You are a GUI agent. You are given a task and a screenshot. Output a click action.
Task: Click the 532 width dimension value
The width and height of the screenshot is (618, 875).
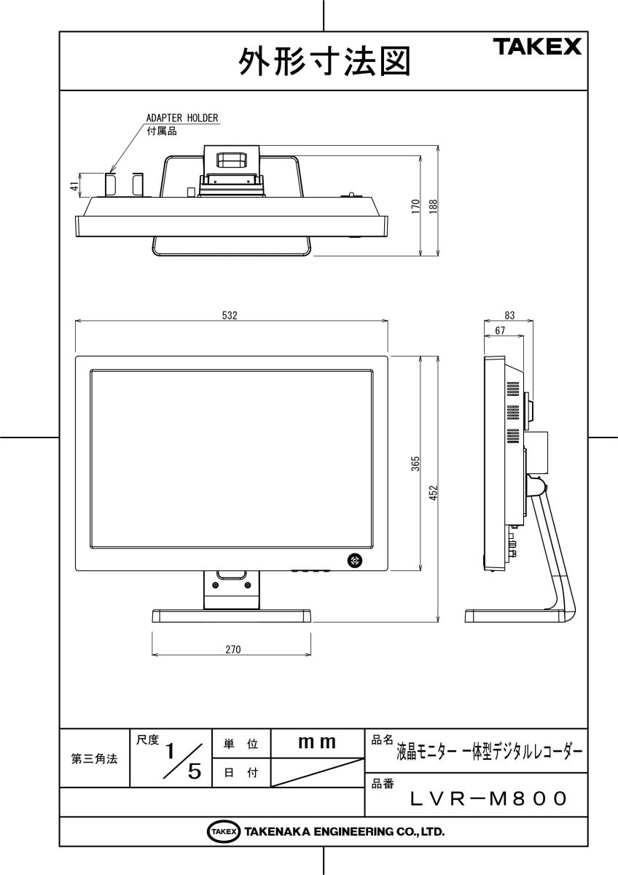230,315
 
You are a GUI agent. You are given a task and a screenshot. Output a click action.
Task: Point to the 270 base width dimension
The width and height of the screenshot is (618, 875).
232,649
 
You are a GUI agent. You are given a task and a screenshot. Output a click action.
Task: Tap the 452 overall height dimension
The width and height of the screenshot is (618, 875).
432,494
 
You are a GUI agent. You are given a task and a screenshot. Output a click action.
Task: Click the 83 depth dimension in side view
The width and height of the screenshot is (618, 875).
509,316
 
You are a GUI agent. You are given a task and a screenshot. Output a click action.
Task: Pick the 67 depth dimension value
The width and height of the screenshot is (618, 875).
500,330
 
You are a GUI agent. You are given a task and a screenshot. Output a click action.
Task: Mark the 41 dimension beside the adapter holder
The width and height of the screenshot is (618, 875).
74,186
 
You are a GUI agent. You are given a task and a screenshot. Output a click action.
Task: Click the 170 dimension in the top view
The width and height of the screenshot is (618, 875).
415,206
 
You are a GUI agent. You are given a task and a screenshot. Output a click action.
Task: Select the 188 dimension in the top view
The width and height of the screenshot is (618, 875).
432,206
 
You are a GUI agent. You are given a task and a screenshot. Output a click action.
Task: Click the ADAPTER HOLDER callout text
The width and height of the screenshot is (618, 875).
182,117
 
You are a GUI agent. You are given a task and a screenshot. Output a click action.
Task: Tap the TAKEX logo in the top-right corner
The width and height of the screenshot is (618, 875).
539,48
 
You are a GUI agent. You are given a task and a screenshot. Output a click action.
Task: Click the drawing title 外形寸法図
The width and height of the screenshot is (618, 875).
324,62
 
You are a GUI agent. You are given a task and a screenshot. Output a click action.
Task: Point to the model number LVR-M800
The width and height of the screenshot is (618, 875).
488,799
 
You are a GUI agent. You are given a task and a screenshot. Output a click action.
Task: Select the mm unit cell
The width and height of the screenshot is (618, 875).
318,743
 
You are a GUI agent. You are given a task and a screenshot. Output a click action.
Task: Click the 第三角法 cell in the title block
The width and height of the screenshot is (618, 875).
94,759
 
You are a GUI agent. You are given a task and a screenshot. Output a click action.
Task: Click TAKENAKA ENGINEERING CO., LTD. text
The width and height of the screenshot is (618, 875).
344,831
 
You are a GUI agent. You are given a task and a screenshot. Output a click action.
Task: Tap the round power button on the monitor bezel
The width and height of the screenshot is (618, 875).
355,560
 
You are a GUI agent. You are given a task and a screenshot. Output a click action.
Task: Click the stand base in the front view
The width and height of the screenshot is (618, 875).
232,615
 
